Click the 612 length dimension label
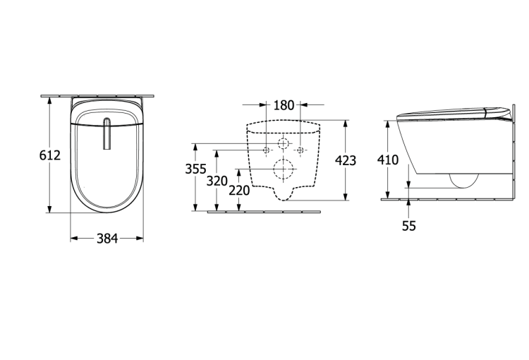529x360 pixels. (x=50, y=155)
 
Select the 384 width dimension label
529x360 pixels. (x=107, y=239)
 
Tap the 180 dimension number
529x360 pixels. (x=284, y=105)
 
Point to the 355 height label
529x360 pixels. (x=195, y=169)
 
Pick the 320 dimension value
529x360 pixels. (x=217, y=181)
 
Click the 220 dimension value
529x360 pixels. (x=239, y=191)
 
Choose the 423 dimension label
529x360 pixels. (x=346, y=160)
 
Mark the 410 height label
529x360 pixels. (x=388, y=160)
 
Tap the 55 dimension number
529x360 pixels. (x=409, y=226)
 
